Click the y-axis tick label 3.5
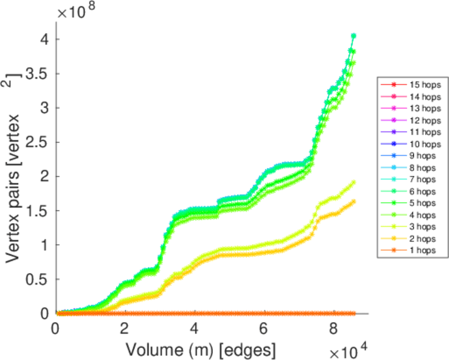(x=40, y=74)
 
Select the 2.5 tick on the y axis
(x=40, y=142)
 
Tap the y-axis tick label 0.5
(x=40, y=279)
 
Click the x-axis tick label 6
(x=263, y=329)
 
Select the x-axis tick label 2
(x=125, y=329)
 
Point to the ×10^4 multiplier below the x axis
(x=345, y=347)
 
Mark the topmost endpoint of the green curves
(x=354, y=36)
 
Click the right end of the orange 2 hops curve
(x=354, y=201)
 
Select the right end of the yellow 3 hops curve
(x=354, y=182)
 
